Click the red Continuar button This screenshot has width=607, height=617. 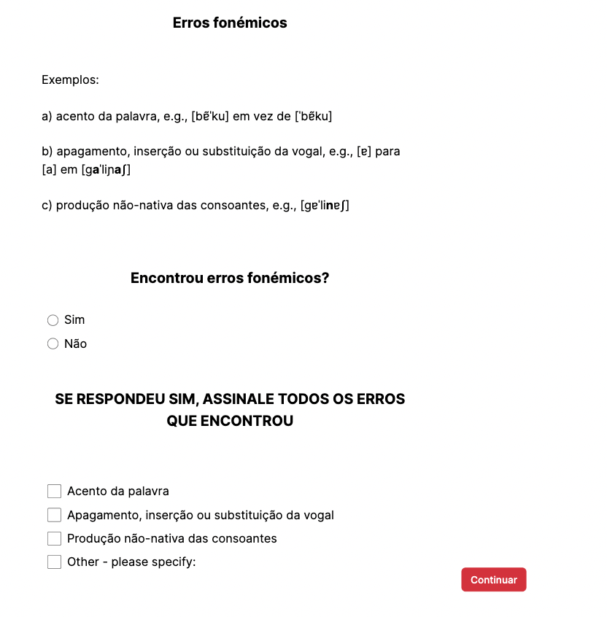(x=493, y=580)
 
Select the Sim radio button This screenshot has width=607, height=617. (x=53, y=320)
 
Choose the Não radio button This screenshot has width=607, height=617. (x=53, y=344)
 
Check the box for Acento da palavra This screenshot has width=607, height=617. (x=54, y=492)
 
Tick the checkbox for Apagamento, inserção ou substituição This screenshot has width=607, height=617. (x=54, y=515)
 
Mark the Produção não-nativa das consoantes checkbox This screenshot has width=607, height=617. (x=54, y=539)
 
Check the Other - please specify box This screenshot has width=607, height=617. (x=54, y=562)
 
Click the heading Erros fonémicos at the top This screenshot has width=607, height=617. (x=230, y=23)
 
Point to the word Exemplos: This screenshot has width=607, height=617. (x=70, y=79)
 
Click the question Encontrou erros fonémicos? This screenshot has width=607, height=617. (x=230, y=278)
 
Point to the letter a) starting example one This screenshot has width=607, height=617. (x=47, y=116)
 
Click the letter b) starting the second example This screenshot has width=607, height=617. (x=47, y=152)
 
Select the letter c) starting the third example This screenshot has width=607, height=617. (x=47, y=206)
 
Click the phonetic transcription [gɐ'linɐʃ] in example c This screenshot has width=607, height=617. (x=325, y=206)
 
